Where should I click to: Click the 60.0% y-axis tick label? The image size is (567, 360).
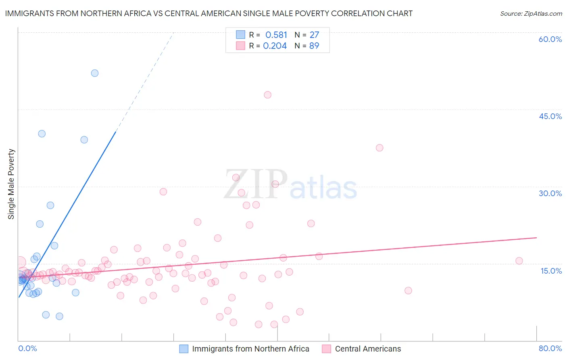pyautogui.click(x=550, y=39)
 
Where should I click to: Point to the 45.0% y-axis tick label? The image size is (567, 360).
pyautogui.click(x=550, y=116)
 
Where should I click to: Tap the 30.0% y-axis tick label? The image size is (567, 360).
pyautogui.click(x=550, y=193)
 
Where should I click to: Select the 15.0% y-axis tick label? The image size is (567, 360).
pyautogui.click(x=551, y=271)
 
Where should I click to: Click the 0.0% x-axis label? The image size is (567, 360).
pyautogui.click(x=27, y=349)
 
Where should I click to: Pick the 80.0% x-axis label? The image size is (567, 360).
pyautogui.click(x=550, y=349)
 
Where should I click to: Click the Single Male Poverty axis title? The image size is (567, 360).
pyautogui.click(x=11, y=184)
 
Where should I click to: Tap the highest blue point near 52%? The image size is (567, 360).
pyautogui.click(x=95, y=73)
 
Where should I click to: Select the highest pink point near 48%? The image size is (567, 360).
pyautogui.click(x=268, y=95)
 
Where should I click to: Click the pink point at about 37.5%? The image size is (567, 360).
pyautogui.click(x=379, y=148)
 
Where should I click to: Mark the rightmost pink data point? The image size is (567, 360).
pyautogui.click(x=519, y=261)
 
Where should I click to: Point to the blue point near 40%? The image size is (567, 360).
pyautogui.click(x=42, y=134)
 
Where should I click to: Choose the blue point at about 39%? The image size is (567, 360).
pyautogui.click(x=84, y=140)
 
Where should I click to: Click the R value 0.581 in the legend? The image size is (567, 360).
pyautogui.click(x=276, y=35)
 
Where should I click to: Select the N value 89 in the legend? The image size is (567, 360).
pyautogui.click(x=314, y=46)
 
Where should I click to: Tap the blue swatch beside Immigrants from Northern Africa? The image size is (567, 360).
pyautogui.click(x=184, y=349)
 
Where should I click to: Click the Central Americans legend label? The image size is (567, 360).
pyautogui.click(x=368, y=349)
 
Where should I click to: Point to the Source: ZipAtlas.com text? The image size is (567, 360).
pyautogui.click(x=531, y=14)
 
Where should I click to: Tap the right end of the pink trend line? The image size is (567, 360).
pyautogui.click(x=536, y=238)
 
